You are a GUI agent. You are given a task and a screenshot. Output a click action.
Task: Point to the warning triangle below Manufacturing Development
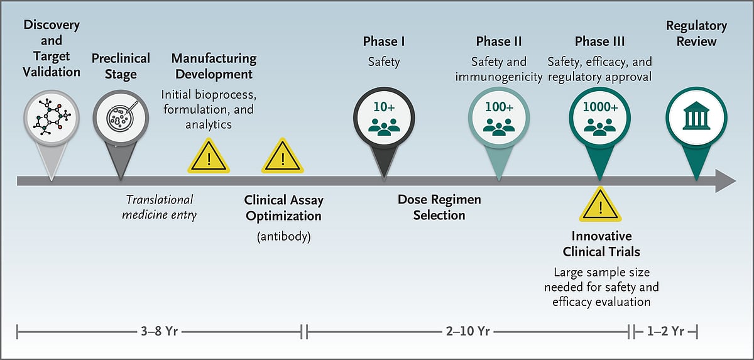point(209,158)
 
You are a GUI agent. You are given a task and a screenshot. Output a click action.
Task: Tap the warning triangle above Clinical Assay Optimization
point(283,158)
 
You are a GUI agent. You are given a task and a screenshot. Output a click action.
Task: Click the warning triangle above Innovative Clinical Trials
point(601,206)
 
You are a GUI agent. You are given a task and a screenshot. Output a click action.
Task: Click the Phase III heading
point(600,41)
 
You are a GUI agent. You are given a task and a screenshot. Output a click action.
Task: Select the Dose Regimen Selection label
point(439,207)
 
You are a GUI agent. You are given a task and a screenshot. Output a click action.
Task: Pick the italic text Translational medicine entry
point(160,207)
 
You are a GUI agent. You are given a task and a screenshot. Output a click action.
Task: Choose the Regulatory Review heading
point(696,34)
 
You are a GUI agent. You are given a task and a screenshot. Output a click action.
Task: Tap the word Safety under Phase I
point(384,62)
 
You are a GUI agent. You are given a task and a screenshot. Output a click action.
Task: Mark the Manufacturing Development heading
point(214,66)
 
